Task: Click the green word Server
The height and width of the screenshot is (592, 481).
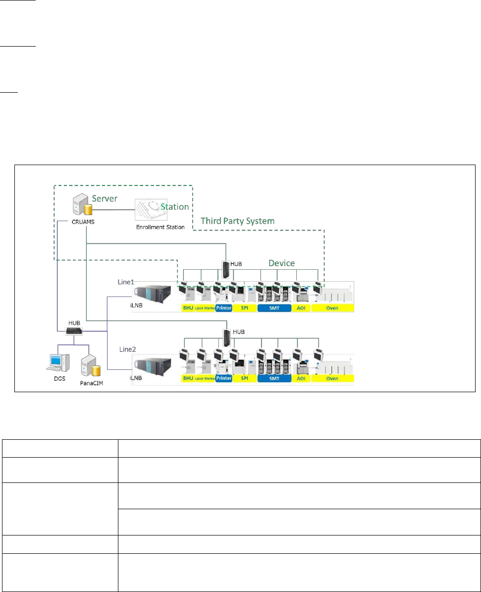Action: click(x=105, y=198)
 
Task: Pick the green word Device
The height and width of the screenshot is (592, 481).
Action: click(x=281, y=263)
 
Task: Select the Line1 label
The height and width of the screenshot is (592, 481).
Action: click(x=125, y=282)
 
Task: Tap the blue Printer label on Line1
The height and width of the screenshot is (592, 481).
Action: click(x=224, y=308)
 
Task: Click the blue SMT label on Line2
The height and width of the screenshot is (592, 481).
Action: click(x=274, y=378)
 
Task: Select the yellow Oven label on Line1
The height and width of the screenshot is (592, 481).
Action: click(x=332, y=308)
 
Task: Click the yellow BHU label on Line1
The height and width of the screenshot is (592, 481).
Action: click(x=188, y=308)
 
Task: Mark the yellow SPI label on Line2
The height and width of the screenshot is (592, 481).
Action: click(x=244, y=378)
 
